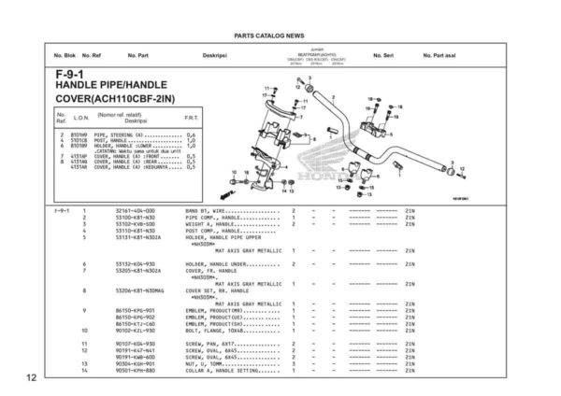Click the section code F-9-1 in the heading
pyautogui.click(x=70, y=74)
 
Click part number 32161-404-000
pyautogui.click(x=136, y=211)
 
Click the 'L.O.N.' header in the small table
pyautogui.click(x=80, y=118)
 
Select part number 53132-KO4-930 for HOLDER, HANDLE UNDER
pyautogui.click(x=136, y=263)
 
